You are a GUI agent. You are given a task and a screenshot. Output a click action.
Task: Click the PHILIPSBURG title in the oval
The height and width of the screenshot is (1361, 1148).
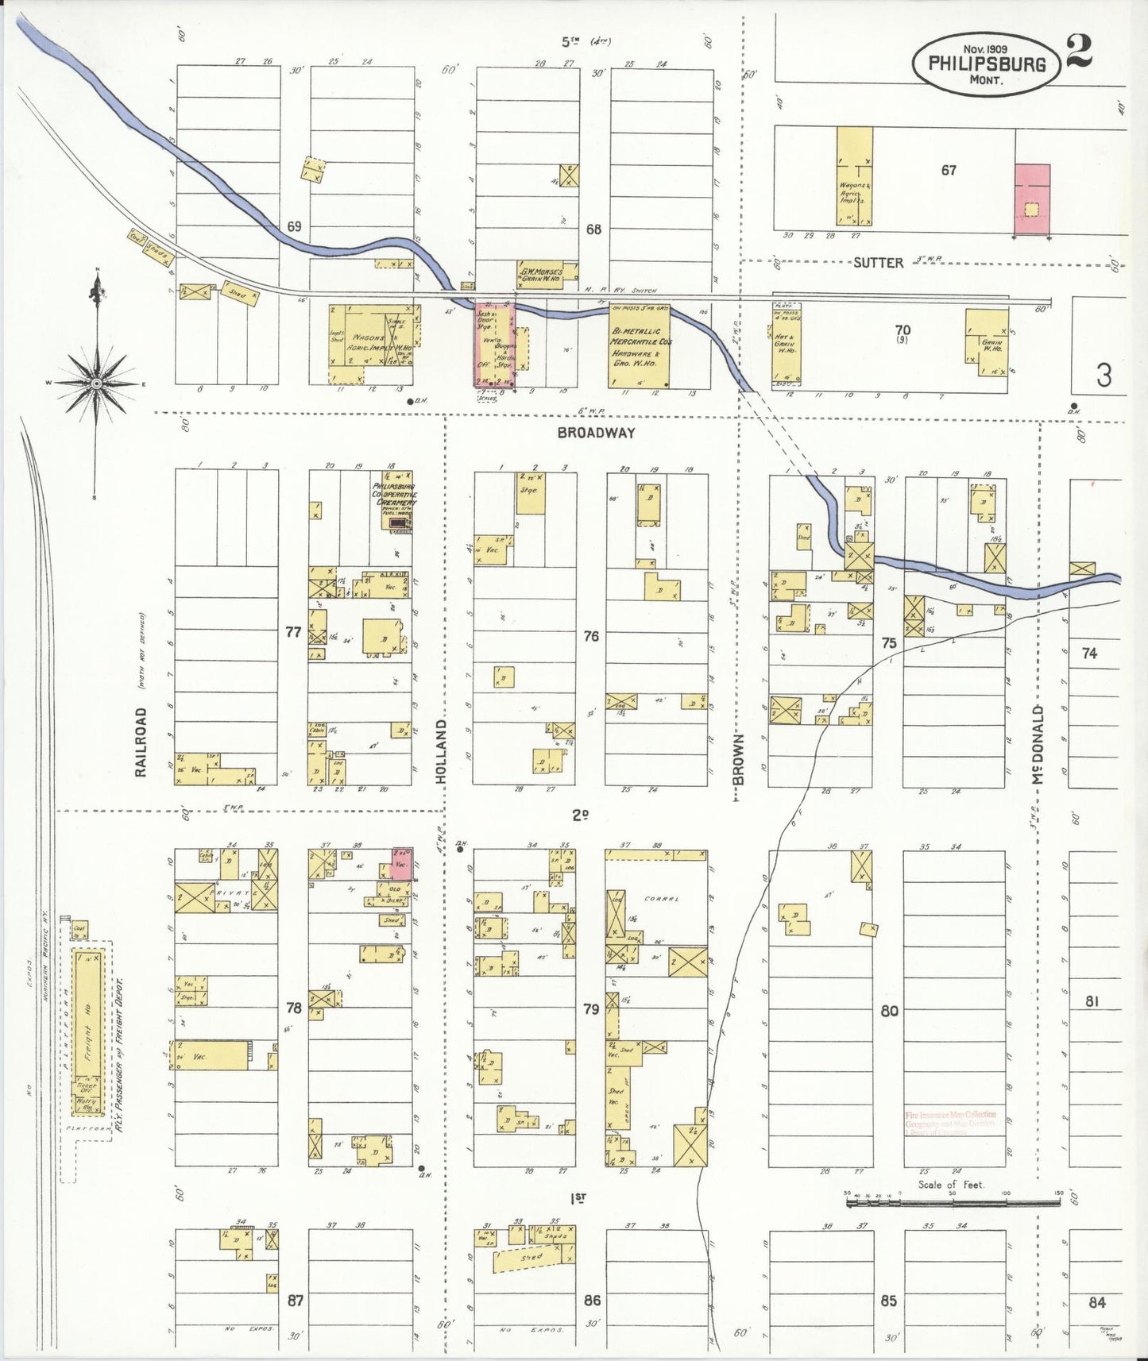985,64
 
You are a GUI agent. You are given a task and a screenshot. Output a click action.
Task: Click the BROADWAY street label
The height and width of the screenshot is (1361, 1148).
596,433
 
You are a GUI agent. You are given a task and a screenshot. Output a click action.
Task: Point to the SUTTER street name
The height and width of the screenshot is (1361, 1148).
878,262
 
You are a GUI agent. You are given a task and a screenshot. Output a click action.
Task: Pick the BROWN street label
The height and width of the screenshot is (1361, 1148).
738,758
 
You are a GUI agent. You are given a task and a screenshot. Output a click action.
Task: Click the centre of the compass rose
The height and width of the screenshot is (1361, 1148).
95,384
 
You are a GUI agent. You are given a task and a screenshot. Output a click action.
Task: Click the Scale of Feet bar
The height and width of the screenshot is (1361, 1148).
953,1203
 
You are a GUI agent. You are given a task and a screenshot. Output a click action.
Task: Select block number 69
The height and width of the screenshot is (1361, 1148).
294,227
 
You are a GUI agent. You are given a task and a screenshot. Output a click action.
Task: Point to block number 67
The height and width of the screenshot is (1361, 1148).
949,170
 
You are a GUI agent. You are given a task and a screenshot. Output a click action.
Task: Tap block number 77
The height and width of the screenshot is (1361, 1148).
293,632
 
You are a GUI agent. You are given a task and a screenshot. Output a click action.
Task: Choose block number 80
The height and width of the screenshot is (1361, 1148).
889,1012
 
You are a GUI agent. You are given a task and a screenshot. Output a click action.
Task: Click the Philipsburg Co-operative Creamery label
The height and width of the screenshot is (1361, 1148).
395,493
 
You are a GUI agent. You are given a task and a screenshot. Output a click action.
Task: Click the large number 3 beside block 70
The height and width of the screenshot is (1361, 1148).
1104,375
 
